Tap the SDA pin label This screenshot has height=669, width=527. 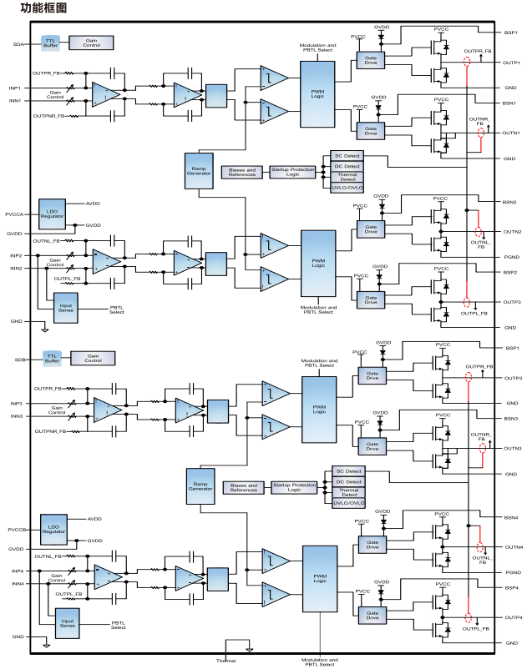click(18, 44)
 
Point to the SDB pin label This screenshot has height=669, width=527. click(18, 360)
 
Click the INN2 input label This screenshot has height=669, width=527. click(16, 269)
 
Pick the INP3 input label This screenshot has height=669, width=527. click(16, 404)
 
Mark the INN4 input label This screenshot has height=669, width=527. click(17, 583)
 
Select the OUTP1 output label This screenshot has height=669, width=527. click(511, 63)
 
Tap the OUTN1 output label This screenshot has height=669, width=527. click(511, 133)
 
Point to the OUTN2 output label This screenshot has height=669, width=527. click(511, 232)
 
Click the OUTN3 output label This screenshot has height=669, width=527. click(511, 449)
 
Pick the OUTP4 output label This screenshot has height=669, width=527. click(511, 617)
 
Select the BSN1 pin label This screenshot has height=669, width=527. click(509, 103)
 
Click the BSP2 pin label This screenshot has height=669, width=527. click(509, 273)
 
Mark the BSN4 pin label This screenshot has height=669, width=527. click(509, 518)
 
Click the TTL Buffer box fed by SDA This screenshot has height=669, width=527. click(51, 43)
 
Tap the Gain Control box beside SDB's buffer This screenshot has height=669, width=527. click(92, 358)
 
